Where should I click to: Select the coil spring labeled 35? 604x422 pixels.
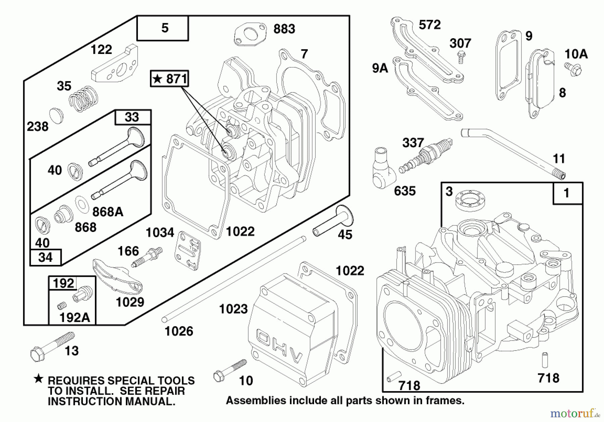[84, 99]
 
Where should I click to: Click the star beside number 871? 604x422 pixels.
[157, 79]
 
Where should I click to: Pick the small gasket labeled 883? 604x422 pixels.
[250, 34]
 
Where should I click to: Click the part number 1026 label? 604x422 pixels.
[179, 331]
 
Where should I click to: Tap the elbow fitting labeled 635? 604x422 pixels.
[382, 171]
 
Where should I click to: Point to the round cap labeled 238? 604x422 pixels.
[56, 116]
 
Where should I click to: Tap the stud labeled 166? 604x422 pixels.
[147, 257]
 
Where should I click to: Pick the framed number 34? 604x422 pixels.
[45, 258]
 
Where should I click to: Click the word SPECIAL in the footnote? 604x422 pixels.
[131, 381]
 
